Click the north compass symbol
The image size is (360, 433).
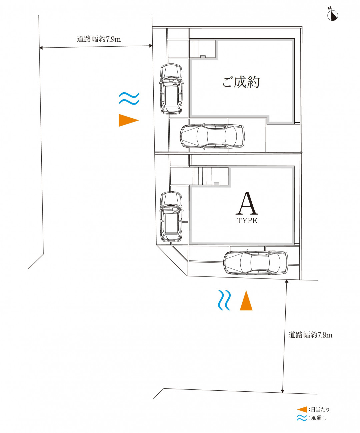click(333, 15)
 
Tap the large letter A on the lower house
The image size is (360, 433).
click(247, 203)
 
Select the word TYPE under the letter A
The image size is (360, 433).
click(247, 220)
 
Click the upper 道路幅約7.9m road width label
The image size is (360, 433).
click(99, 39)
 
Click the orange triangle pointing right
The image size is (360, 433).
click(128, 120)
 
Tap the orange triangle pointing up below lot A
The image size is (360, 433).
click(246, 300)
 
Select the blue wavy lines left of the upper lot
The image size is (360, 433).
click(129, 98)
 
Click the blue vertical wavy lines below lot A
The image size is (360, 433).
click(224, 300)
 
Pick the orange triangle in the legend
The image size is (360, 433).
click(302, 410)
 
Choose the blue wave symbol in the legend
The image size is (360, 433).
click(302, 418)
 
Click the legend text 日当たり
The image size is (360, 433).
click(320, 410)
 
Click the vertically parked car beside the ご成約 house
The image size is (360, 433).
click(171, 89)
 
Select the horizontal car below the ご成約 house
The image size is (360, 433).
click(212, 136)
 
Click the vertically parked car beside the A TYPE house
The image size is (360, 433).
click(171, 217)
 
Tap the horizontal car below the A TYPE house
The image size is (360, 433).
click(256, 262)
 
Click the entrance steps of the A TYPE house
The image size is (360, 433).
click(202, 176)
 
